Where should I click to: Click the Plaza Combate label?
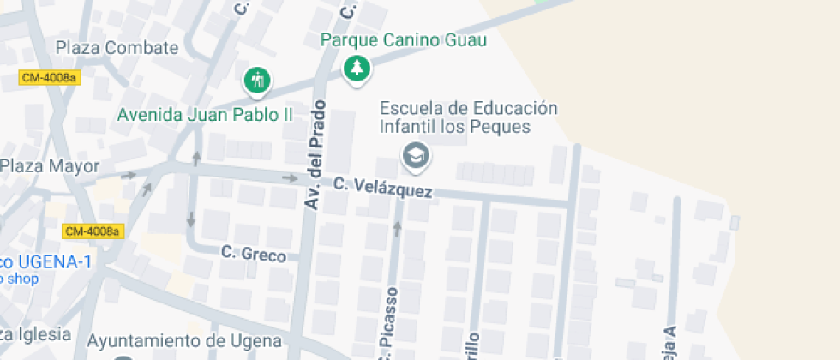tap(117, 47)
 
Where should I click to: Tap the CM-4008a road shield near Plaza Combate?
tap(48, 78)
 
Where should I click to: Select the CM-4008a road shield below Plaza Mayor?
tap(93, 231)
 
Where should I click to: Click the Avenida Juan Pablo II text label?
tap(205, 114)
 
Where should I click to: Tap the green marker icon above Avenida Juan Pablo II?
tap(256, 81)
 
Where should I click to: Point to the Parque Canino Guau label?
tap(404, 39)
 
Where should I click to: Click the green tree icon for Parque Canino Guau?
tap(356, 68)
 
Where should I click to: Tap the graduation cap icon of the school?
tap(417, 155)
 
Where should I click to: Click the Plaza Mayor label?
tap(51, 166)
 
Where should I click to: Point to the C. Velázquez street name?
tap(382, 188)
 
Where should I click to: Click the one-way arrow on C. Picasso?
tap(397, 228)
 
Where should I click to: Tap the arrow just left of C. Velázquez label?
tap(290, 178)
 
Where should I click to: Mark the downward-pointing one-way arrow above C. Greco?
tap(190, 218)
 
